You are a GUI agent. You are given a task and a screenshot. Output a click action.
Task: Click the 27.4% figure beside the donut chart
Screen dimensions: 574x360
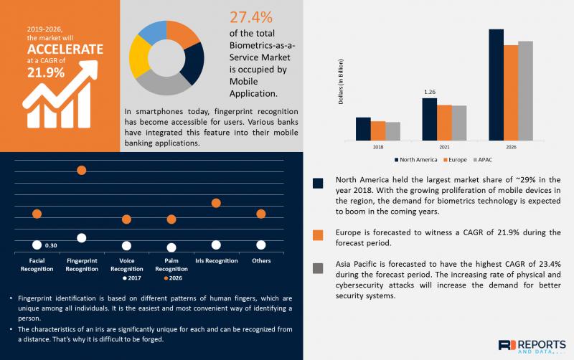click(251, 17)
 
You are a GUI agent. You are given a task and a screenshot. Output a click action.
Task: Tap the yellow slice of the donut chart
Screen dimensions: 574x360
click(138, 57)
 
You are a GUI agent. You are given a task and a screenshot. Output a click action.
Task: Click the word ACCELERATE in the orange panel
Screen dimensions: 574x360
click(65, 49)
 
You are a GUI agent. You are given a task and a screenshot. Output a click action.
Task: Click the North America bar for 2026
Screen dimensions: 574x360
click(496, 85)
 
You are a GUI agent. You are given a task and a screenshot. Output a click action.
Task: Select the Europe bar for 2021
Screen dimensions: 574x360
click(444, 123)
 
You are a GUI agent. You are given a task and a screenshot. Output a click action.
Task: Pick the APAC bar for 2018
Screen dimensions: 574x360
click(392, 131)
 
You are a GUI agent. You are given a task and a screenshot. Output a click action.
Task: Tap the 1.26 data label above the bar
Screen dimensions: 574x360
click(430, 92)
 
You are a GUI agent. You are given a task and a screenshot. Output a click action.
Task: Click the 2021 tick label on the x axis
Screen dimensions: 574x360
click(444, 147)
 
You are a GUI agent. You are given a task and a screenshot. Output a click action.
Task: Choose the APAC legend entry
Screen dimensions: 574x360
click(483, 160)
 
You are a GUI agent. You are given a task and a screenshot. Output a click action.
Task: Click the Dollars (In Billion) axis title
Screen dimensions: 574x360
click(341, 82)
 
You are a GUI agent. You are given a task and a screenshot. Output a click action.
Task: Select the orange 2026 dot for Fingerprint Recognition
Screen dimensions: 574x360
click(82, 170)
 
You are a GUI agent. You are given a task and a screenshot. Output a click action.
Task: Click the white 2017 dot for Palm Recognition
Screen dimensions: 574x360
click(171, 247)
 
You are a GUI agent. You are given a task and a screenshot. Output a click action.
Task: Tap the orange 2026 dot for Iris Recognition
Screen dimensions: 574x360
click(216, 203)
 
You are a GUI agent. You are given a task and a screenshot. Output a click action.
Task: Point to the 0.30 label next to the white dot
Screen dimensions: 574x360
click(51, 245)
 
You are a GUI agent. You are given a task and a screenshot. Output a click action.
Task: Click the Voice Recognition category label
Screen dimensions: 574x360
click(127, 265)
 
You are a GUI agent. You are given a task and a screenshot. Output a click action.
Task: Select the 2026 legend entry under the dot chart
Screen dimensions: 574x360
click(173, 278)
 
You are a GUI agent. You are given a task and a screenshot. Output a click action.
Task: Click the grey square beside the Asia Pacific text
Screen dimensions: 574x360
click(318, 268)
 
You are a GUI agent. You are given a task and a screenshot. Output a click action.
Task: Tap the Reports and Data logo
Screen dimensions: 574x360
click(532, 346)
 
